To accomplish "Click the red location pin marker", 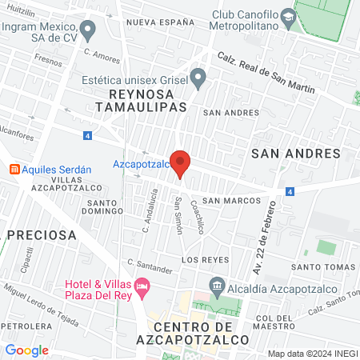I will (181, 162).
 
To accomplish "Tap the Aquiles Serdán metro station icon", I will (14, 169).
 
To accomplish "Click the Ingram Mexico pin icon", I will (88, 30).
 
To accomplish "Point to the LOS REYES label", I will (206, 260).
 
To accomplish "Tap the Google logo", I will (26, 350).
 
